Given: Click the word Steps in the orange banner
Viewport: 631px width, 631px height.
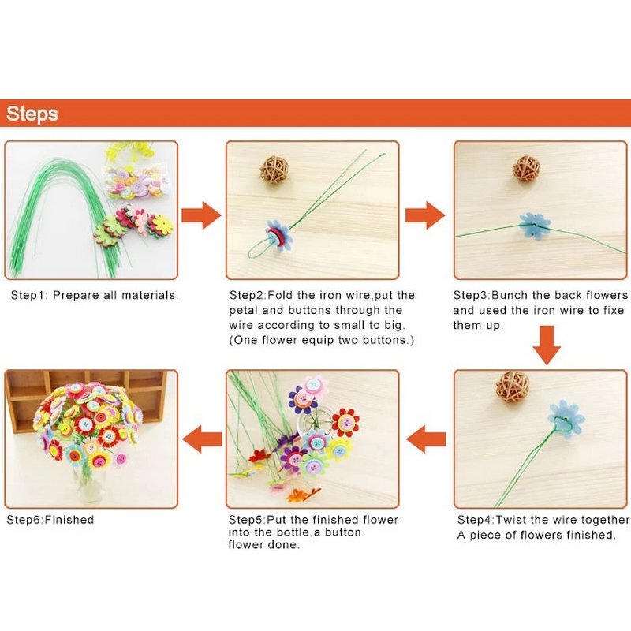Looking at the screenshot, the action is tap(32, 114).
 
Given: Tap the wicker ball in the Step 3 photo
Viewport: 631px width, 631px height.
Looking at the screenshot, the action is tap(526, 169).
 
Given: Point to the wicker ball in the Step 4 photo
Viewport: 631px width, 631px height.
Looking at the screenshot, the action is tap(512, 386).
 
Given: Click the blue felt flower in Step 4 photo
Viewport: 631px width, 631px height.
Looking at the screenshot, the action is tap(566, 420).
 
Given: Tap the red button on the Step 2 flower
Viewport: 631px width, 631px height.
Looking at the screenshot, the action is tap(274, 236).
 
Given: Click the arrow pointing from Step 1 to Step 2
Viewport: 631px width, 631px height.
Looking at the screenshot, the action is tap(201, 215).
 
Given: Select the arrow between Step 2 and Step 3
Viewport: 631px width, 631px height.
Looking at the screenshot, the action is tap(425, 215).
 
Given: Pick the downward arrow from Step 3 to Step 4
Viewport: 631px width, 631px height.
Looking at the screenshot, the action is tap(547, 345).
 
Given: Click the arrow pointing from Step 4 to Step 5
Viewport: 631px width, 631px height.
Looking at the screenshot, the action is tap(426, 439).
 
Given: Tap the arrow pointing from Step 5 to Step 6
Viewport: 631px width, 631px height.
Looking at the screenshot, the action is tap(202, 439).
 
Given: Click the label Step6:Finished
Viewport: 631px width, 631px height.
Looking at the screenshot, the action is tap(50, 520).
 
